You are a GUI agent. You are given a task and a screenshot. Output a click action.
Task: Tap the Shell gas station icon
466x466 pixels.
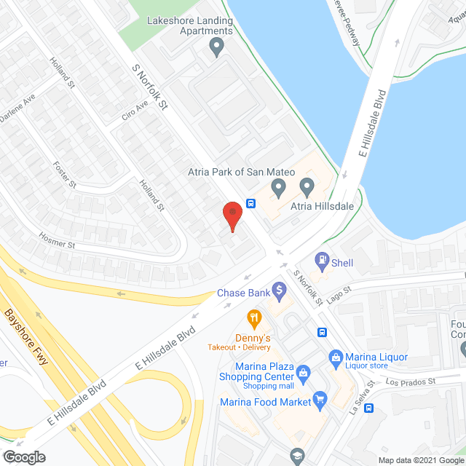[322, 259]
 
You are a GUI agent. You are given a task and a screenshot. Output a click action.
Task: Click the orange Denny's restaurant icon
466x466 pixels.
[253, 317]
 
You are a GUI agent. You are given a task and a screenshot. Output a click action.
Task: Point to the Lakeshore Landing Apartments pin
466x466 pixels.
[216, 48]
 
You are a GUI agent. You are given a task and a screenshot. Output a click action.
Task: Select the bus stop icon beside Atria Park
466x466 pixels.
[250, 203]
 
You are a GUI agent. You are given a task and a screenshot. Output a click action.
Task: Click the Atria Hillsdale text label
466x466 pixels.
[323, 207]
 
